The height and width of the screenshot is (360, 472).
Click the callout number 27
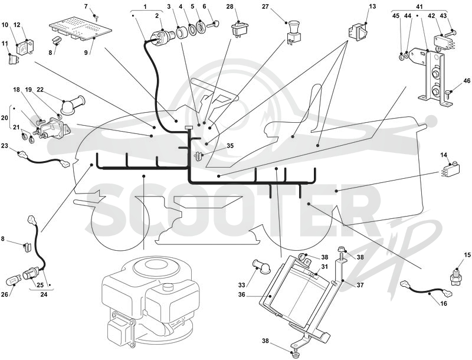[265, 6]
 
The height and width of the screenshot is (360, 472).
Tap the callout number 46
[467, 81]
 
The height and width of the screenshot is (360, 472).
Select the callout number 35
[230, 146]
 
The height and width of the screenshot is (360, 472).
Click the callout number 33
[242, 284]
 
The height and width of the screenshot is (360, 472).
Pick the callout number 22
[40, 89]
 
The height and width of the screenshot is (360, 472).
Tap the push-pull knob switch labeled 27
[293, 33]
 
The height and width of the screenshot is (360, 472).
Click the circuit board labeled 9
[80, 30]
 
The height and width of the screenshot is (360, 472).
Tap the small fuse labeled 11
[12, 58]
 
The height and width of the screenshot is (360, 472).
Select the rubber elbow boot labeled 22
[71, 105]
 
